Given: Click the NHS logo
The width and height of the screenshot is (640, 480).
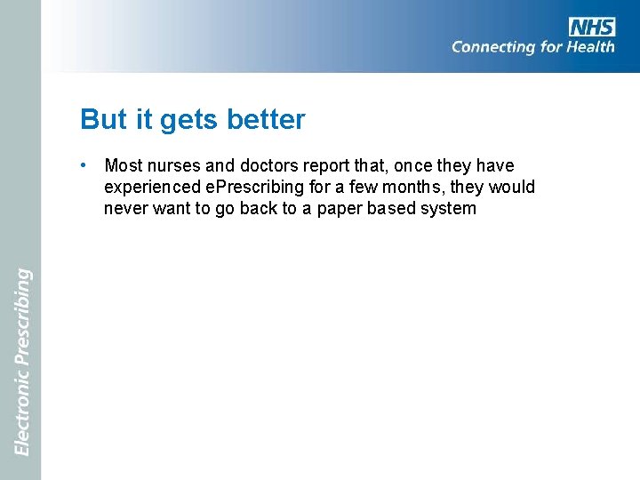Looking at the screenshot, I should coord(593,26).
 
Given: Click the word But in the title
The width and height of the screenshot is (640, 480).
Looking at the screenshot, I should coord(100,119).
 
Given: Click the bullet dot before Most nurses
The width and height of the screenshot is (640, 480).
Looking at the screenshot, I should coord(82,165).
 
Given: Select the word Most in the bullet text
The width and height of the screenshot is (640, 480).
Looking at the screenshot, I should coord(123,166).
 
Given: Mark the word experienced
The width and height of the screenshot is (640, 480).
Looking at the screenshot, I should coord(151,188).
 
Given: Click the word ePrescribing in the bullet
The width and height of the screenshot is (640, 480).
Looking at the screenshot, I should coord(252,188).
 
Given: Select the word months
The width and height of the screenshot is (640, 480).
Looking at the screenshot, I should coord(405,188).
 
